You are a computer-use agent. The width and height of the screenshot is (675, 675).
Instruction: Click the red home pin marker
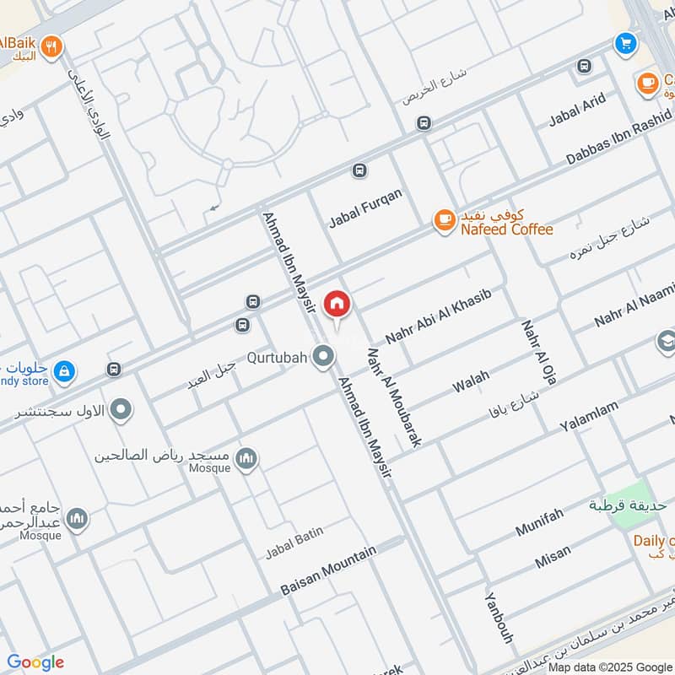point(337,304)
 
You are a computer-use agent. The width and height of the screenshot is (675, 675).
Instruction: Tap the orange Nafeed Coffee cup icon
point(443,220)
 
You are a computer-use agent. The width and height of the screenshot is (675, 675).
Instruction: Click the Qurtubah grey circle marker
point(321,359)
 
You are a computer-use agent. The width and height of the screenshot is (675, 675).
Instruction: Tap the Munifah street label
point(539,521)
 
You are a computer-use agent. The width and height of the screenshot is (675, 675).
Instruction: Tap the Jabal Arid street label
point(577,111)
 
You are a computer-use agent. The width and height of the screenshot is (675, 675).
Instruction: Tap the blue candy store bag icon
point(64,370)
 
